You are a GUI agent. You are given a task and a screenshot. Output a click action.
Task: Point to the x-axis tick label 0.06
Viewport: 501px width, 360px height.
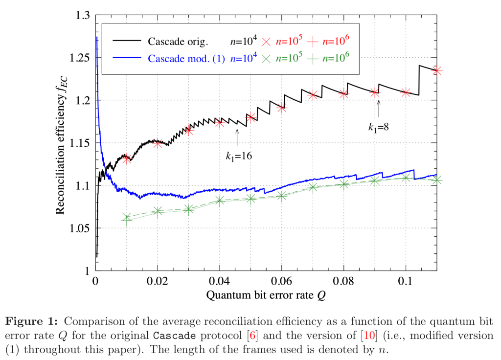[x=281, y=283]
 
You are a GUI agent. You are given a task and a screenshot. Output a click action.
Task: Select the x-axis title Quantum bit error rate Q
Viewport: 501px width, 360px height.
[x=266, y=296]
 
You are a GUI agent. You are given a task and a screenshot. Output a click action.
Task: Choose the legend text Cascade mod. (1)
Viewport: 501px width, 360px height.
[x=186, y=59]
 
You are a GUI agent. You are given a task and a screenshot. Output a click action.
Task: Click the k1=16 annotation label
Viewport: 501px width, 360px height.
[x=238, y=157]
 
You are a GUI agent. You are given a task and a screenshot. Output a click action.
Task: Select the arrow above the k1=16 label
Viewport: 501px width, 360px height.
[x=237, y=137]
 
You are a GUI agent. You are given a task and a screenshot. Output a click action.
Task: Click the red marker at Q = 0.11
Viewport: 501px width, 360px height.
[x=437, y=71]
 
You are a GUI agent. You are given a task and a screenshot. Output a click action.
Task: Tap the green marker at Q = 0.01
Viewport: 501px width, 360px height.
[x=127, y=218]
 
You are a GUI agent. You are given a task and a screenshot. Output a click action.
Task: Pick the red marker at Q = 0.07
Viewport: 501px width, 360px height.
[x=313, y=95]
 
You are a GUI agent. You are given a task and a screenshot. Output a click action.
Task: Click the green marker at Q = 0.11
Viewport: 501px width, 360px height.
[x=437, y=180]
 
